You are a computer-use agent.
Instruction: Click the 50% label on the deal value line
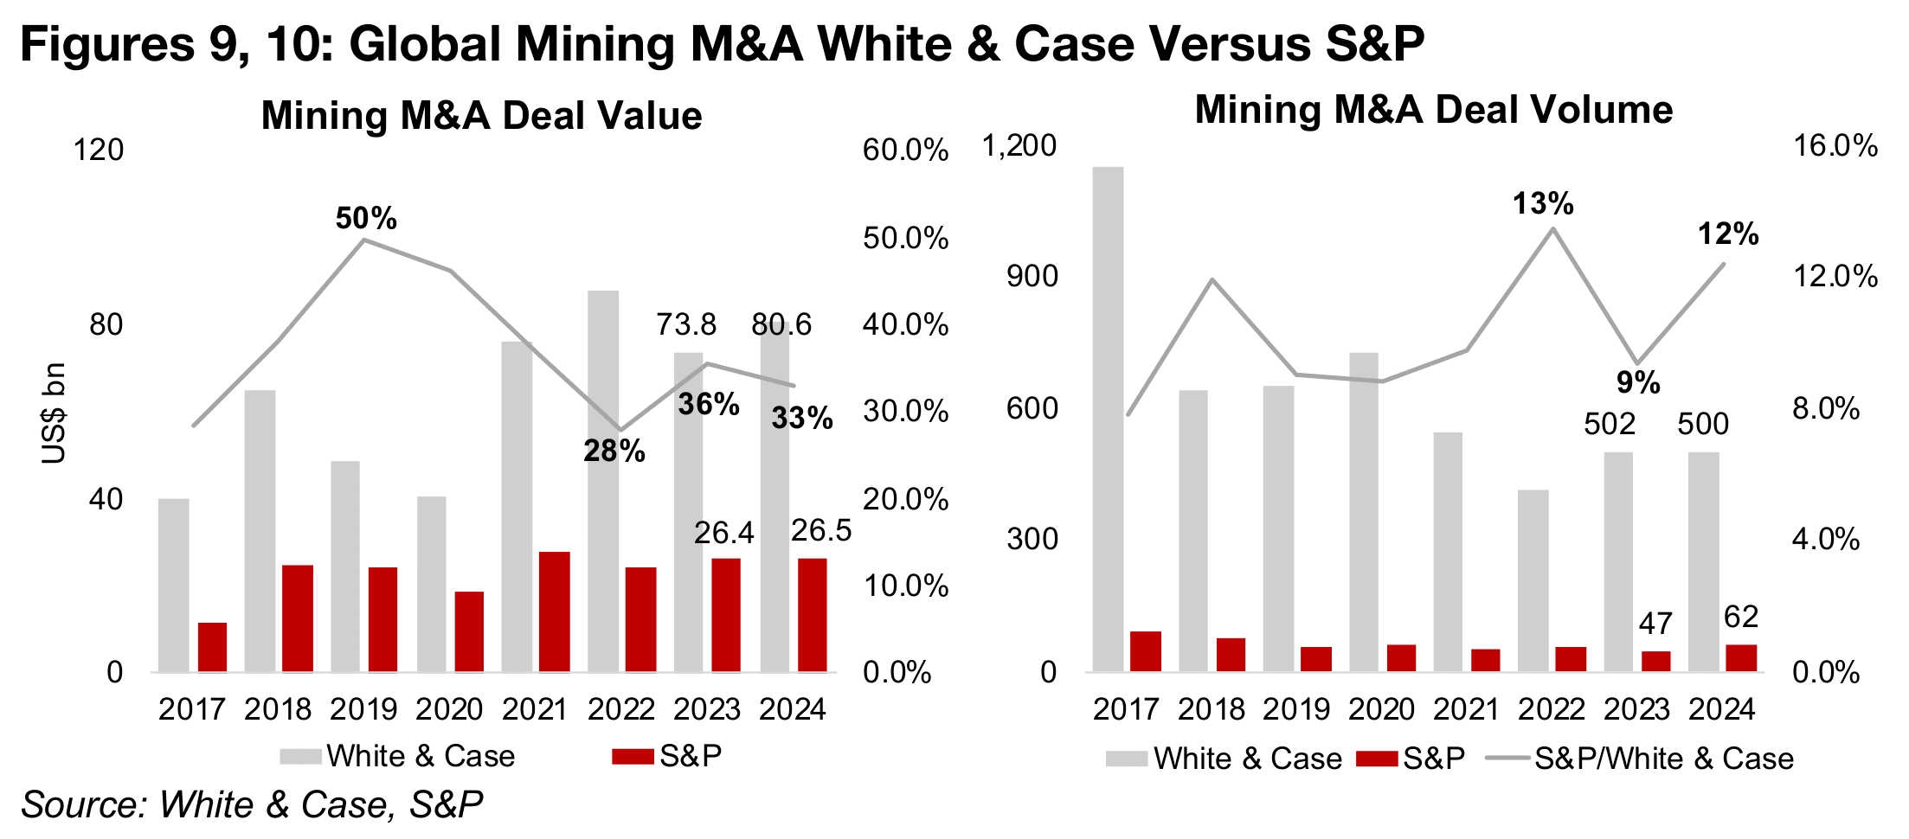(x=366, y=218)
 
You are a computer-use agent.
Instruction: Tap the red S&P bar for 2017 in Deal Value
(x=212, y=647)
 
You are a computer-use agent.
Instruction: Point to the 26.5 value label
(x=821, y=530)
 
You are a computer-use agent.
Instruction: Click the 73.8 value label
(x=686, y=324)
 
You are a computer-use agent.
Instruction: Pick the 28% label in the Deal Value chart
(x=614, y=451)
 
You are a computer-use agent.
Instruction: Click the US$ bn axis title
(x=54, y=413)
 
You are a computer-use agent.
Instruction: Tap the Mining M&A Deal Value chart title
(x=481, y=116)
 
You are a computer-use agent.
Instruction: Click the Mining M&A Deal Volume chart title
(x=1434, y=110)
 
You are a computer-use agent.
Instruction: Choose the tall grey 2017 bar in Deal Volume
(x=1109, y=419)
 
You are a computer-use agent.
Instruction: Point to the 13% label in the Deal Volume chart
(x=1543, y=204)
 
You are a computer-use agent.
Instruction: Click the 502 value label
(x=1610, y=424)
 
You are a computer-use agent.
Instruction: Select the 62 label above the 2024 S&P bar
(x=1741, y=617)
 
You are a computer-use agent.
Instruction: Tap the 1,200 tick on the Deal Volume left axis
(x=1019, y=145)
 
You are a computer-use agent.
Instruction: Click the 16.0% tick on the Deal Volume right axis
(x=1835, y=145)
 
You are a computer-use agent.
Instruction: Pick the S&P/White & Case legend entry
(x=1663, y=759)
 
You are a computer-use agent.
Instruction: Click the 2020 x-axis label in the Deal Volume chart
(x=1381, y=709)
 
